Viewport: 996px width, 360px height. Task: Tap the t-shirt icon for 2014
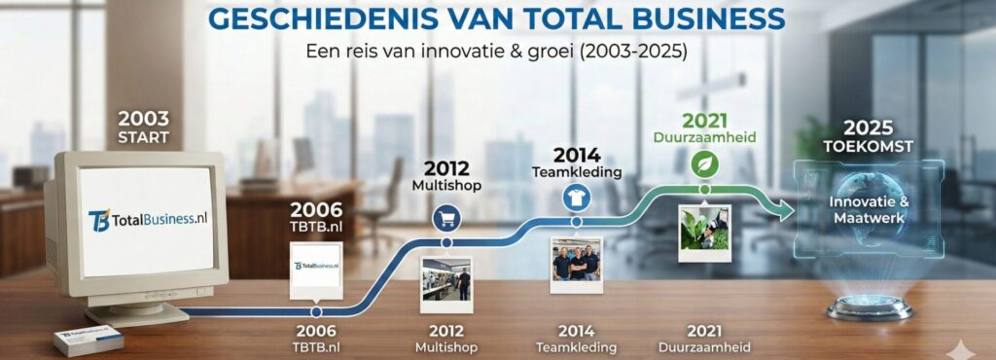[576, 198]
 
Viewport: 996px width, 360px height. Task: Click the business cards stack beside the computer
[89, 340]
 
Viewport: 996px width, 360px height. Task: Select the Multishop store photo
[446, 282]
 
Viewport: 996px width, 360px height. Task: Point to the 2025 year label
[869, 127]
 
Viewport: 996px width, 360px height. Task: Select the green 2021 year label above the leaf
[705, 121]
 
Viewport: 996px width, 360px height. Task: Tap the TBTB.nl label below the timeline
[316, 347]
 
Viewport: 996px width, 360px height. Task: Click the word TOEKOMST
[869, 146]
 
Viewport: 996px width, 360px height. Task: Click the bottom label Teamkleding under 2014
[577, 347]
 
